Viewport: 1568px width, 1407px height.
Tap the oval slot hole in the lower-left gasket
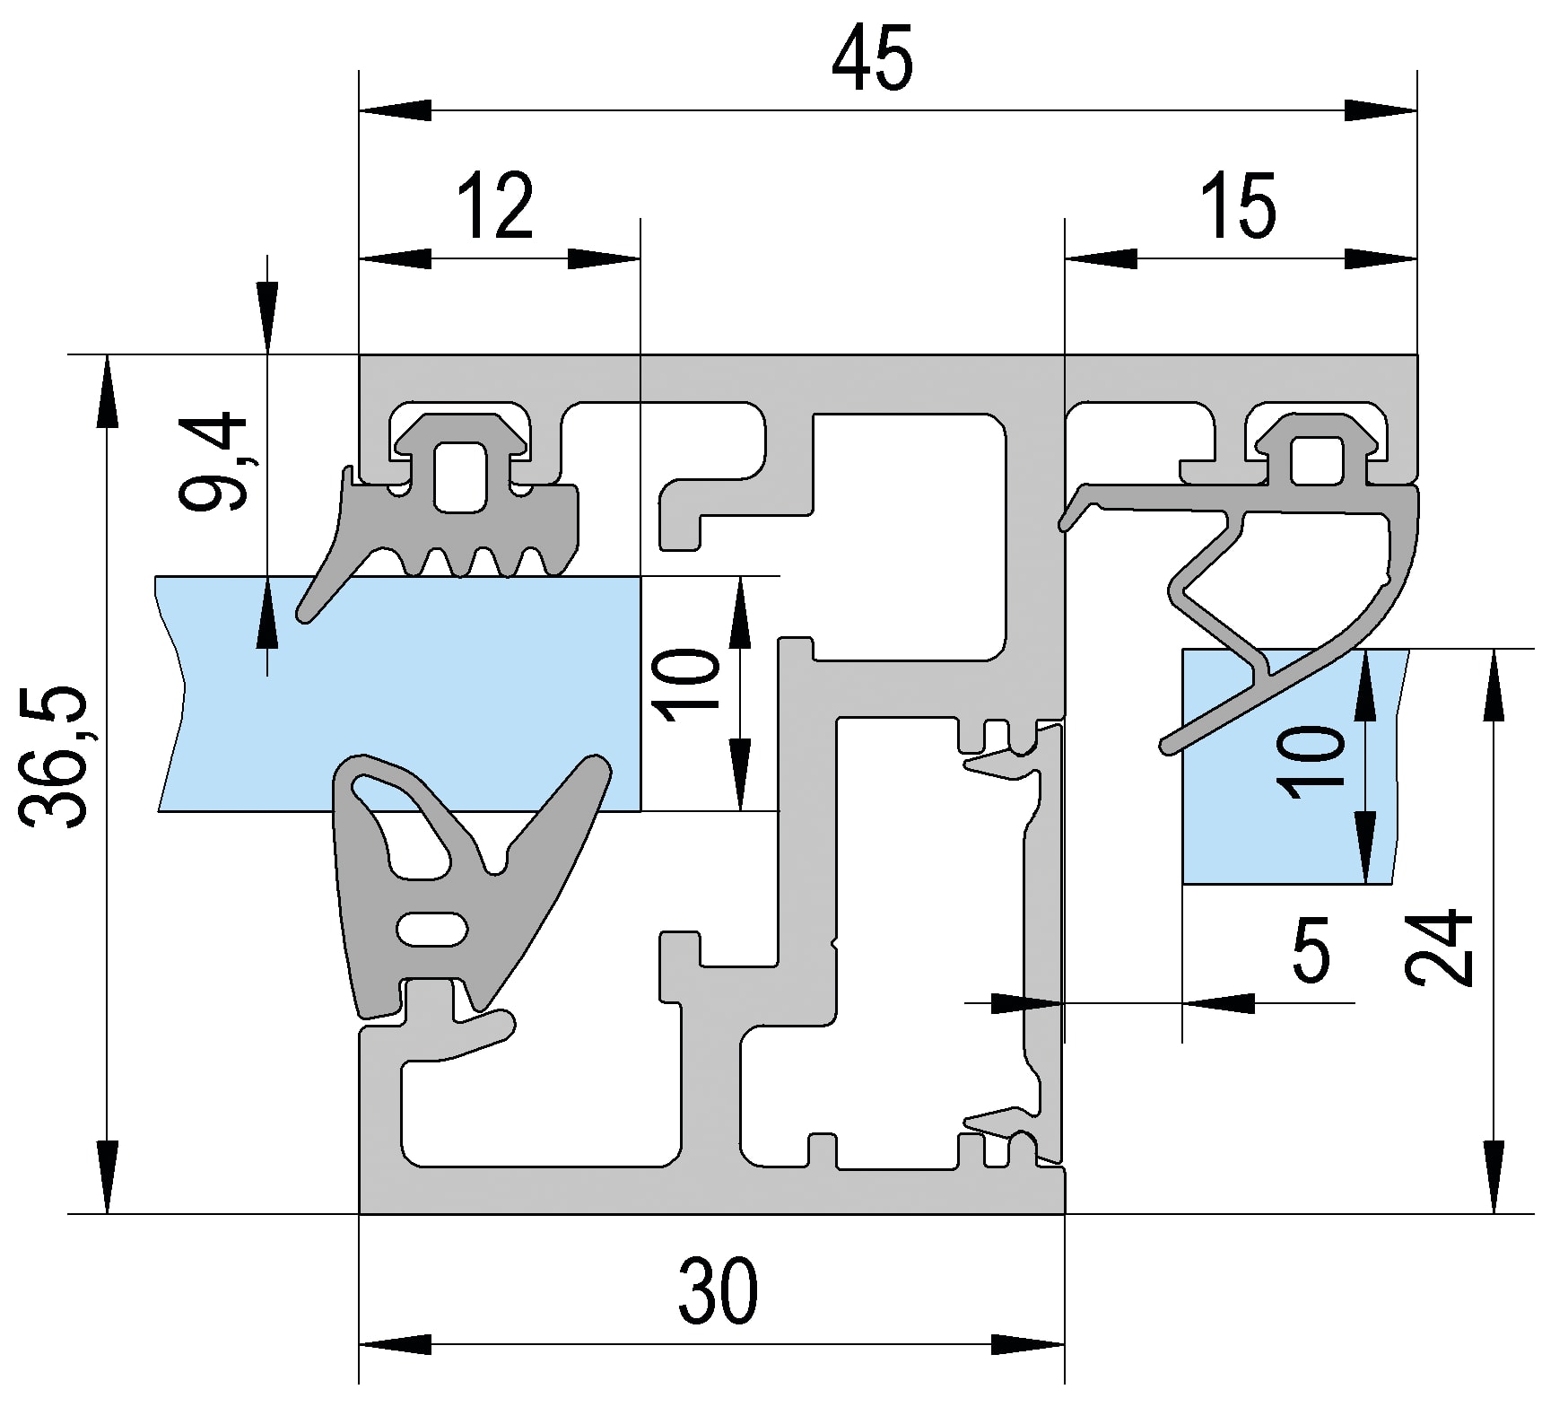click(432, 929)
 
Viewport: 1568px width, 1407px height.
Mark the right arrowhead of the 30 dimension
click(1028, 1345)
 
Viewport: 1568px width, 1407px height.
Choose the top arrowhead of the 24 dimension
click(1494, 685)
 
